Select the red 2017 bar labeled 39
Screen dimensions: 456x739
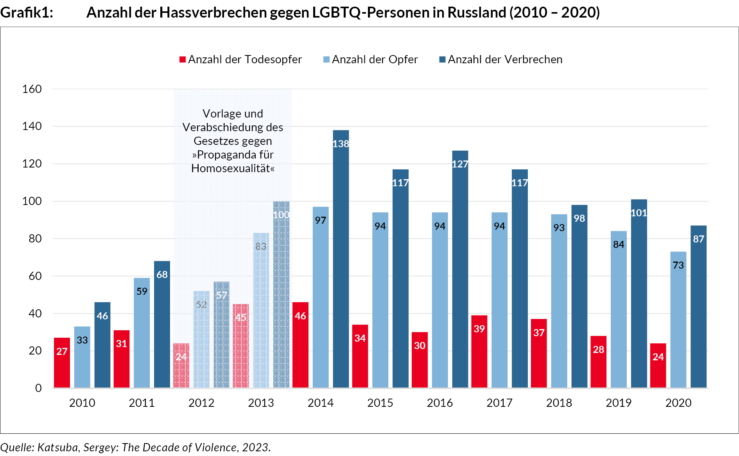pyautogui.click(x=479, y=351)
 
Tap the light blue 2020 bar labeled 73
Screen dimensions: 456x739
pyautogui.click(x=678, y=320)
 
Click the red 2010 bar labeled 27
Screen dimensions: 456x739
pyautogui.click(x=62, y=363)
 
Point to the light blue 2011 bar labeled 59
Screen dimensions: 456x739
pyautogui.click(x=142, y=332)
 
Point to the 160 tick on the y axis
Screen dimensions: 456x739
pyautogui.click(x=32, y=89)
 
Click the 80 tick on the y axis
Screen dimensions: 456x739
pyautogui.click(x=35, y=239)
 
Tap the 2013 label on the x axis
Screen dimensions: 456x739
pyautogui.click(x=261, y=403)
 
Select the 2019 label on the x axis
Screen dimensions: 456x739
pyautogui.click(x=619, y=403)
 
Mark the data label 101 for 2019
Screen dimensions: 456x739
pyautogui.click(x=639, y=213)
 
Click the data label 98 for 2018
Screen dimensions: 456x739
pyautogui.click(x=579, y=218)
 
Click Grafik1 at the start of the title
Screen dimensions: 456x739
pyautogui.click(x=26, y=12)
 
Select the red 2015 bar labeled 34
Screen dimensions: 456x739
pyautogui.click(x=360, y=356)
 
